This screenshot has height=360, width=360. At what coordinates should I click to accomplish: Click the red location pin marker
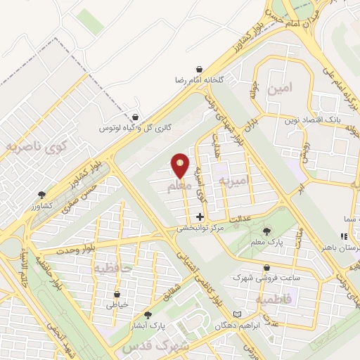click(x=180, y=165)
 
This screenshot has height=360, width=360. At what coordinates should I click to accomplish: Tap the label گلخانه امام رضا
click(x=200, y=80)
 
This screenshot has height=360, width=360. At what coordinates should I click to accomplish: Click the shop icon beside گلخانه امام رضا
click(x=201, y=69)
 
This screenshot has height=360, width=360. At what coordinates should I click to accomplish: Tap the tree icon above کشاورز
click(x=42, y=195)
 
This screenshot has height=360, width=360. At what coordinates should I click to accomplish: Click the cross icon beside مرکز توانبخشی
click(x=201, y=217)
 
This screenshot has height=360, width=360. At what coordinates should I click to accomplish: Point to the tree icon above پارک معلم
click(x=266, y=231)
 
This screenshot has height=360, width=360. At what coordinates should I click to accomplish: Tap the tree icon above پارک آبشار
click(x=148, y=316)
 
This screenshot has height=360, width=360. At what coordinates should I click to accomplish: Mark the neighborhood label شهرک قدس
click(x=155, y=347)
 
